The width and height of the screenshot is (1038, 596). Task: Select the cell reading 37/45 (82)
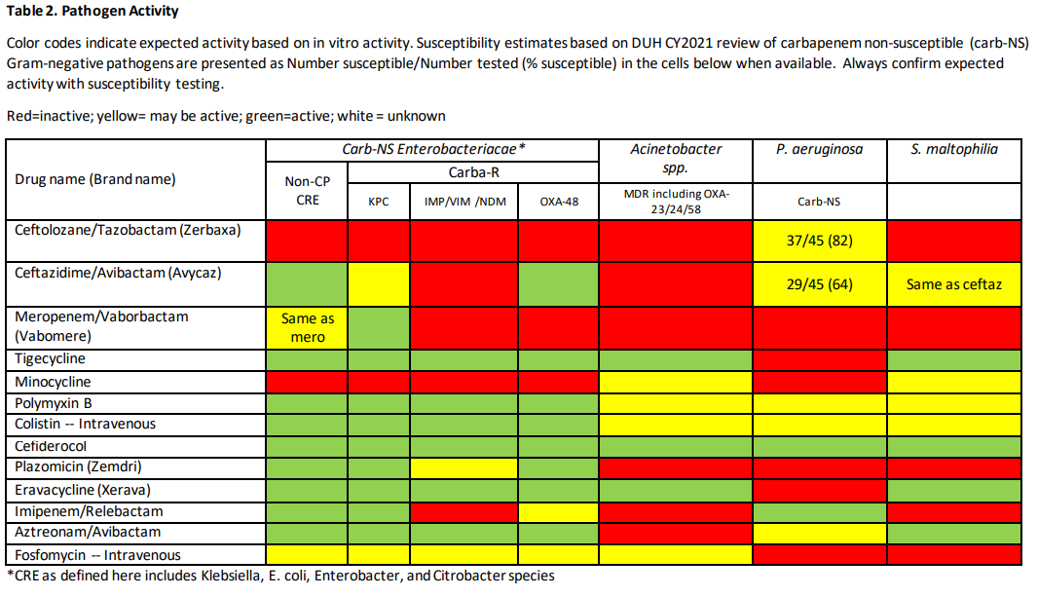pos(820,241)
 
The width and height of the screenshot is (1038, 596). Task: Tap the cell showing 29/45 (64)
pos(820,284)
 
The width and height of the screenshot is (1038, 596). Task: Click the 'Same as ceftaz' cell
pos(953,284)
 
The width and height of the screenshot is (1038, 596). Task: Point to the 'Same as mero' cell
pos(308,328)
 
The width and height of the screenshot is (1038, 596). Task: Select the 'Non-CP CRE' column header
pos(308,191)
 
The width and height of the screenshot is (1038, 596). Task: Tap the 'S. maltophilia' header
pos(954,149)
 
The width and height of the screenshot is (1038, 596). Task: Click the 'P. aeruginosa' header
pos(820,149)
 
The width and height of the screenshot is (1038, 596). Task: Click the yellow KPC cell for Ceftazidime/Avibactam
pos(379,284)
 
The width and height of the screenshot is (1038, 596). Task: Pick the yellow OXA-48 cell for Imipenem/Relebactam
pos(558,511)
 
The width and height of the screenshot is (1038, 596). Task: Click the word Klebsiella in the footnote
pos(209,576)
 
